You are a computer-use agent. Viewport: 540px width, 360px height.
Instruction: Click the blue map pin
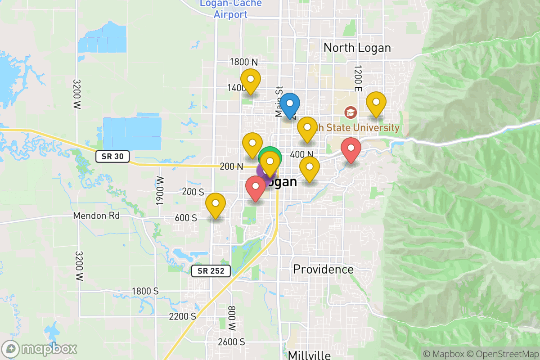click(290, 105)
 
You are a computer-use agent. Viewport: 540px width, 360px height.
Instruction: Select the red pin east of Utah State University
click(351, 150)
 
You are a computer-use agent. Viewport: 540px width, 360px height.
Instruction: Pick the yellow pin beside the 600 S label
click(216, 204)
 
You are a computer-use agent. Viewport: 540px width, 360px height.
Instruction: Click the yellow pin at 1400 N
click(251, 81)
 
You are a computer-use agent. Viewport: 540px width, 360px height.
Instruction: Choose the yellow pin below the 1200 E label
click(376, 103)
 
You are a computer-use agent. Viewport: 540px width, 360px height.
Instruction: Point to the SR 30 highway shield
click(112, 157)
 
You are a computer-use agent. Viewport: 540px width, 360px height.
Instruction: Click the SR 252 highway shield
click(211, 270)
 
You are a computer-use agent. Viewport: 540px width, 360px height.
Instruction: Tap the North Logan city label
click(357, 48)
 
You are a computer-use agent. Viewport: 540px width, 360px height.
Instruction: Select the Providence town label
click(323, 270)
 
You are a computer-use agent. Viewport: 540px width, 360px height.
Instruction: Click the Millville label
click(309, 355)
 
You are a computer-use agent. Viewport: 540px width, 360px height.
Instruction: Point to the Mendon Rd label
click(97, 216)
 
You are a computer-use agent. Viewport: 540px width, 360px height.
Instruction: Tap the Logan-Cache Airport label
click(230, 9)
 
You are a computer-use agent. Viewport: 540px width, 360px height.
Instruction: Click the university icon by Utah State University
click(350, 112)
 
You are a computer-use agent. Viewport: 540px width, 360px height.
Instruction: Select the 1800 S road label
click(145, 291)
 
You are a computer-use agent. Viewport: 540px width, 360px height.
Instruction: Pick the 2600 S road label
click(231, 342)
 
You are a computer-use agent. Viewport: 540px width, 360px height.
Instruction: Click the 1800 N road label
click(243, 62)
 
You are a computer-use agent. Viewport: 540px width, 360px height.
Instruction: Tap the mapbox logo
click(40, 349)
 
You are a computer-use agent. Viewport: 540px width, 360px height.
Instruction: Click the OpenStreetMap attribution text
click(503, 354)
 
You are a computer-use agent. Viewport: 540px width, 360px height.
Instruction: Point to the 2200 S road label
click(182, 316)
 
